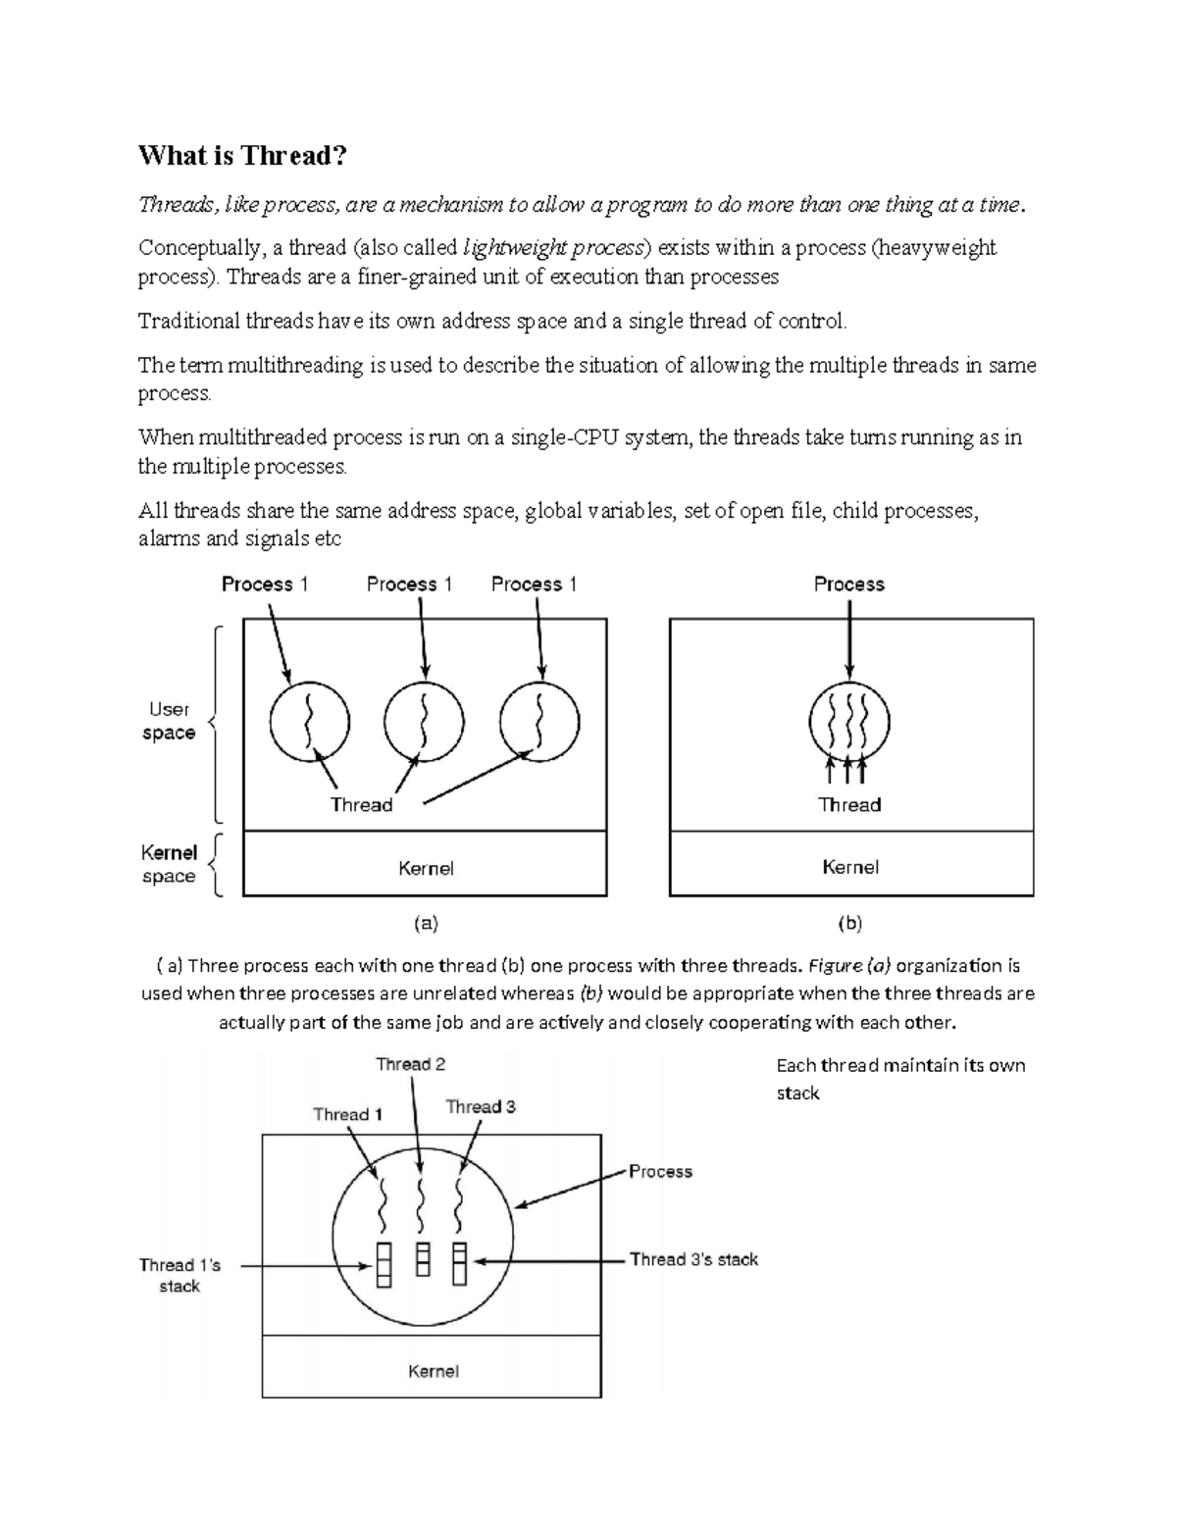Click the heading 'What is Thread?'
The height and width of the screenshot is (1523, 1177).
(x=242, y=155)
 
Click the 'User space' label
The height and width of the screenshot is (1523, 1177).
(x=169, y=721)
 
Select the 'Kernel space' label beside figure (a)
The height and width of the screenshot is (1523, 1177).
(x=169, y=864)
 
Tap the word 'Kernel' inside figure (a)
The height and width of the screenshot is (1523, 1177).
(x=426, y=868)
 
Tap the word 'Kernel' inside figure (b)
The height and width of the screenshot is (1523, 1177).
(x=850, y=867)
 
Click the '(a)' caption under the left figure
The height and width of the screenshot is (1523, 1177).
(x=426, y=923)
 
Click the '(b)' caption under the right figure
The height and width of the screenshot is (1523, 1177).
(x=849, y=923)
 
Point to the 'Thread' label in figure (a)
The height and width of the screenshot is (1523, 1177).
(x=361, y=805)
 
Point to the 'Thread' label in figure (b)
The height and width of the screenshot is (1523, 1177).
(x=849, y=805)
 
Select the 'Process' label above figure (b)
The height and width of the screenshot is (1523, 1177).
(x=849, y=584)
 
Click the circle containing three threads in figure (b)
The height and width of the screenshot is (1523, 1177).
(x=849, y=723)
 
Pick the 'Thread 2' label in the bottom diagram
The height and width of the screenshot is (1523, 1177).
(x=410, y=1064)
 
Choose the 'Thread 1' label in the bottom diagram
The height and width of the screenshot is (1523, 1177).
(x=347, y=1114)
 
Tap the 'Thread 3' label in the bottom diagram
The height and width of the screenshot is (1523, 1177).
(x=481, y=1106)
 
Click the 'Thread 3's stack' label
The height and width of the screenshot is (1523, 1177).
(x=693, y=1259)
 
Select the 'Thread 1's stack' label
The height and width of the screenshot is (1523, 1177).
(x=179, y=1275)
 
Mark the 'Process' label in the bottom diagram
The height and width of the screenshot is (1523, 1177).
(x=660, y=1171)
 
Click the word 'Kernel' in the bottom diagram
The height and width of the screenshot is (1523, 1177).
(x=433, y=1371)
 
